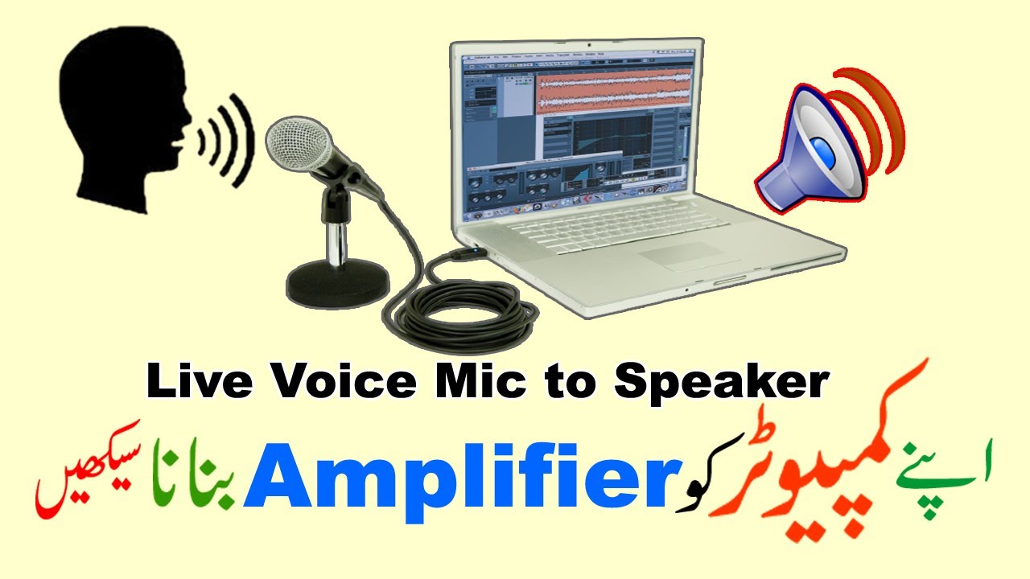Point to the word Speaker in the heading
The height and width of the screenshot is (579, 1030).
(x=720, y=384)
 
